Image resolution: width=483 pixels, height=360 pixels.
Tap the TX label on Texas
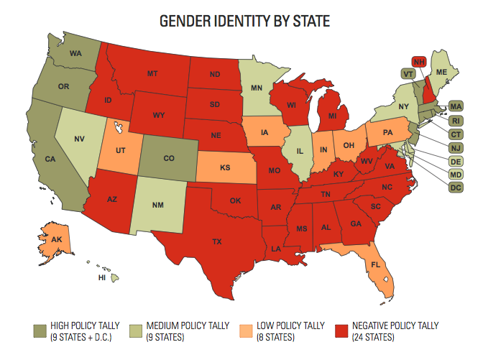[217, 242]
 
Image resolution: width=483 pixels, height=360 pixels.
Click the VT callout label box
[408, 73]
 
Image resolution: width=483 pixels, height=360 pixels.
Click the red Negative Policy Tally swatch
[344, 329]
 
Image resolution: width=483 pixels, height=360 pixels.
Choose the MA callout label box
[456, 106]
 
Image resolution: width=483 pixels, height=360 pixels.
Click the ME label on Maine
[442, 73]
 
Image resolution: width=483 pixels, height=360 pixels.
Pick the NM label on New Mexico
[157, 205]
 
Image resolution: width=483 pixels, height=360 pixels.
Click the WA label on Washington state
[75, 53]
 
